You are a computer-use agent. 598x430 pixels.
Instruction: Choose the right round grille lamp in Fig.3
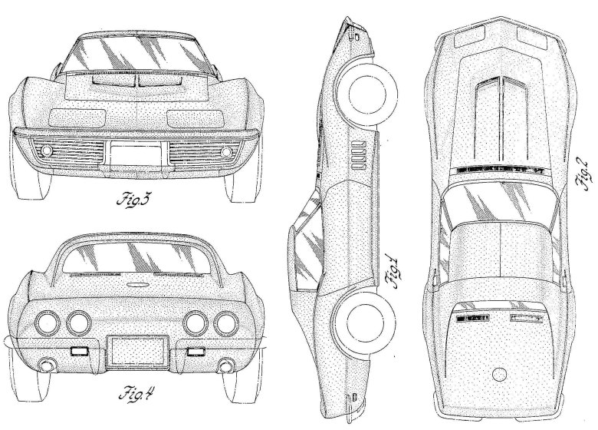pyautogui.click(x=226, y=150)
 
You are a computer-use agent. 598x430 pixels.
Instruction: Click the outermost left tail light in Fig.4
pyautogui.click(x=51, y=321)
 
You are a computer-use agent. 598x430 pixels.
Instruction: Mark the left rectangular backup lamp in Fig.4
pyautogui.click(x=77, y=352)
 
